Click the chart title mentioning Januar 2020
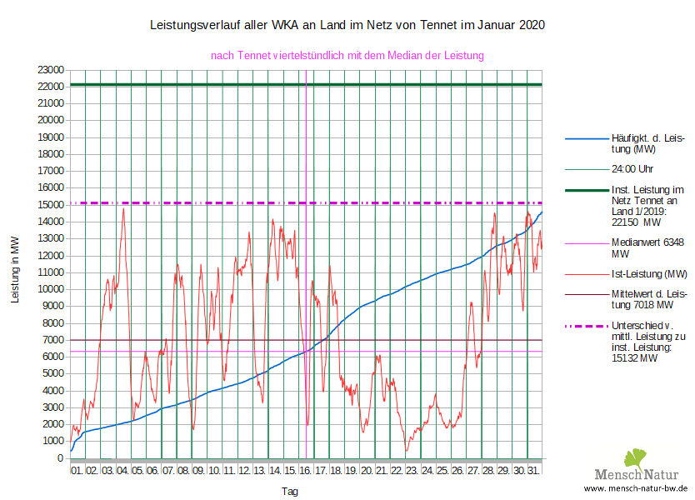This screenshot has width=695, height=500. (347, 25)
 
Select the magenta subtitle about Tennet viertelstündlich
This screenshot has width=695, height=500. (347, 56)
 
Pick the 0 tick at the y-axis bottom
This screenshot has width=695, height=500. (61, 458)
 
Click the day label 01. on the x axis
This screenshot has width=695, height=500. (77, 471)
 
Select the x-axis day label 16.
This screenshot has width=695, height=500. (306, 471)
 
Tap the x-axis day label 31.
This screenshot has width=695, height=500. (534, 471)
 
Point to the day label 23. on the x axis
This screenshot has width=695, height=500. (412, 471)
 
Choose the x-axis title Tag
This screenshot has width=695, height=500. (290, 492)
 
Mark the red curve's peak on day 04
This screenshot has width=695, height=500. (123, 208)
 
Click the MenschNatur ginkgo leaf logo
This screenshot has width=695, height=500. (636, 458)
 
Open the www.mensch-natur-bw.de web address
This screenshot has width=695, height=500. (636, 487)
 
